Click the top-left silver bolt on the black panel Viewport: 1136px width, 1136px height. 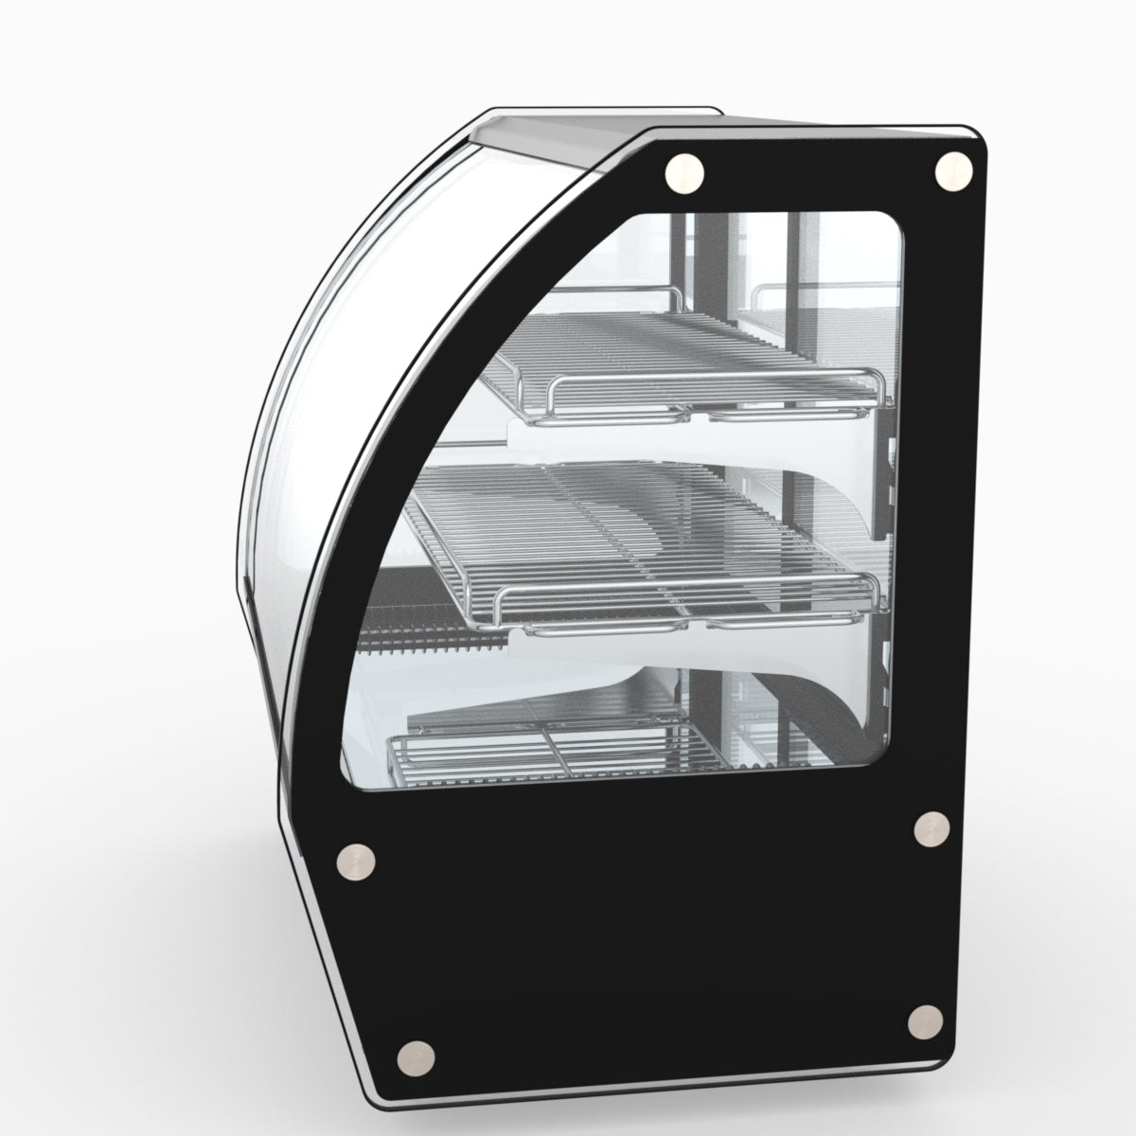(x=684, y=173)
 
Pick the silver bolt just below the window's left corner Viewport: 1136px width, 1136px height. (x=357, y=860)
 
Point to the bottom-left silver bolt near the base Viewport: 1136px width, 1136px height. (x=415, y=1056)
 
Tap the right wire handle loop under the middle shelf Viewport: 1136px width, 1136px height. (x=757, y=625)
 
